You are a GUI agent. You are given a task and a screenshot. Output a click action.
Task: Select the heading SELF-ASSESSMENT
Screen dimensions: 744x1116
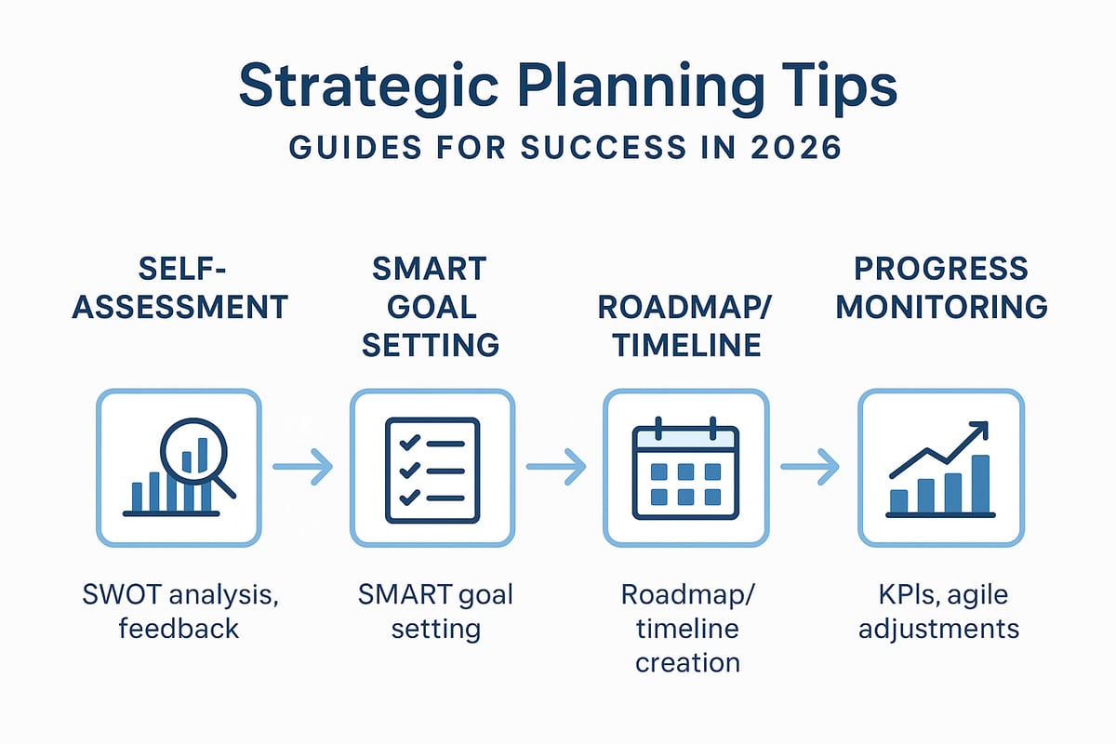179,287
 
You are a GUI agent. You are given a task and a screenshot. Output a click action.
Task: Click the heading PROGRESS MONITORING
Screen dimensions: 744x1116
941,287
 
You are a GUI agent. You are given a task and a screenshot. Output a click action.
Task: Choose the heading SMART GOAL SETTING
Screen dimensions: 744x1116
431,307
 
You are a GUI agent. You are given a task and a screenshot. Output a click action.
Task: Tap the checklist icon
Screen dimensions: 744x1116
432,468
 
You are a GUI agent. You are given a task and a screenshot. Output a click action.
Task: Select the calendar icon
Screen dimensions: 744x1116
685,468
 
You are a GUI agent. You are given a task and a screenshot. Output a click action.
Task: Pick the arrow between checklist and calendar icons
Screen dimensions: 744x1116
556,467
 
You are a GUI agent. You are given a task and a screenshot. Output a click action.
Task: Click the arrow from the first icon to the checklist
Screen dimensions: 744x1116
302,467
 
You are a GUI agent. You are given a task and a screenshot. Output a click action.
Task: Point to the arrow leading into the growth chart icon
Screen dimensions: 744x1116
810,467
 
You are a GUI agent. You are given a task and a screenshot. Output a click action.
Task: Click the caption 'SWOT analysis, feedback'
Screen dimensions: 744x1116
179,610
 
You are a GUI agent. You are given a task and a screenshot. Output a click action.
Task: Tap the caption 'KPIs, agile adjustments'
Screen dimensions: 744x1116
939,610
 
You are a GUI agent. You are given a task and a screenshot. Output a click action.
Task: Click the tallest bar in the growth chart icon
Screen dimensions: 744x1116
980,484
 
